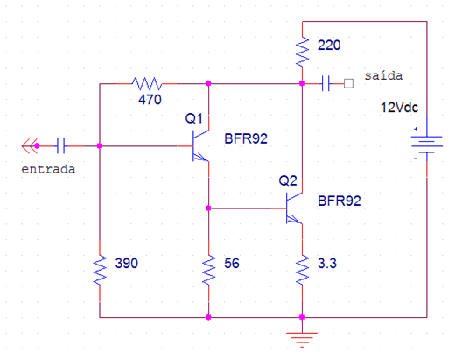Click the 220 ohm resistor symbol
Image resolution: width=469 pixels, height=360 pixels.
pos(302,53)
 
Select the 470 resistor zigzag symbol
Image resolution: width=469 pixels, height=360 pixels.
pos(147,83)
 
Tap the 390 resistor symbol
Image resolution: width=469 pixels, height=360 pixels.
pos(100,270)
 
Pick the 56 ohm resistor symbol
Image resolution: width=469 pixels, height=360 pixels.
pos(208,270)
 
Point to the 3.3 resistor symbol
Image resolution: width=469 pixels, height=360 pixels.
pos(302,270)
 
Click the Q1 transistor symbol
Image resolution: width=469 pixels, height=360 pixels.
pos(200,146)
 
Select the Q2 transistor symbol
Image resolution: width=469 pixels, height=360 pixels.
pos(294,208)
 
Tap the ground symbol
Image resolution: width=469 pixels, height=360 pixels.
pos(302,340)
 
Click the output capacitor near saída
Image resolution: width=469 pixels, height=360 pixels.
pos(325,83)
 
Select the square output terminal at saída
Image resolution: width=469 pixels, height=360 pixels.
pos(348,83)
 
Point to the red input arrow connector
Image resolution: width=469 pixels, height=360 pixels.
pos(31,146)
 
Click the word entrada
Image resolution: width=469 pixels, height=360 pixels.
pos(48,169)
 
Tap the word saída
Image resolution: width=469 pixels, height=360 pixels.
pos(383,75)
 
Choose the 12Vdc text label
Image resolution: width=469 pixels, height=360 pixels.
pos(399,108)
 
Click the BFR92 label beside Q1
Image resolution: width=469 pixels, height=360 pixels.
pos(246,138)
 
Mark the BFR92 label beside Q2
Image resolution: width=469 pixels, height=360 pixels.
pos(339,201)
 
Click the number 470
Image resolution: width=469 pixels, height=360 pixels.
pos(150,100)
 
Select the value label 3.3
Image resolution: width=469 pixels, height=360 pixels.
pos(327,264)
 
